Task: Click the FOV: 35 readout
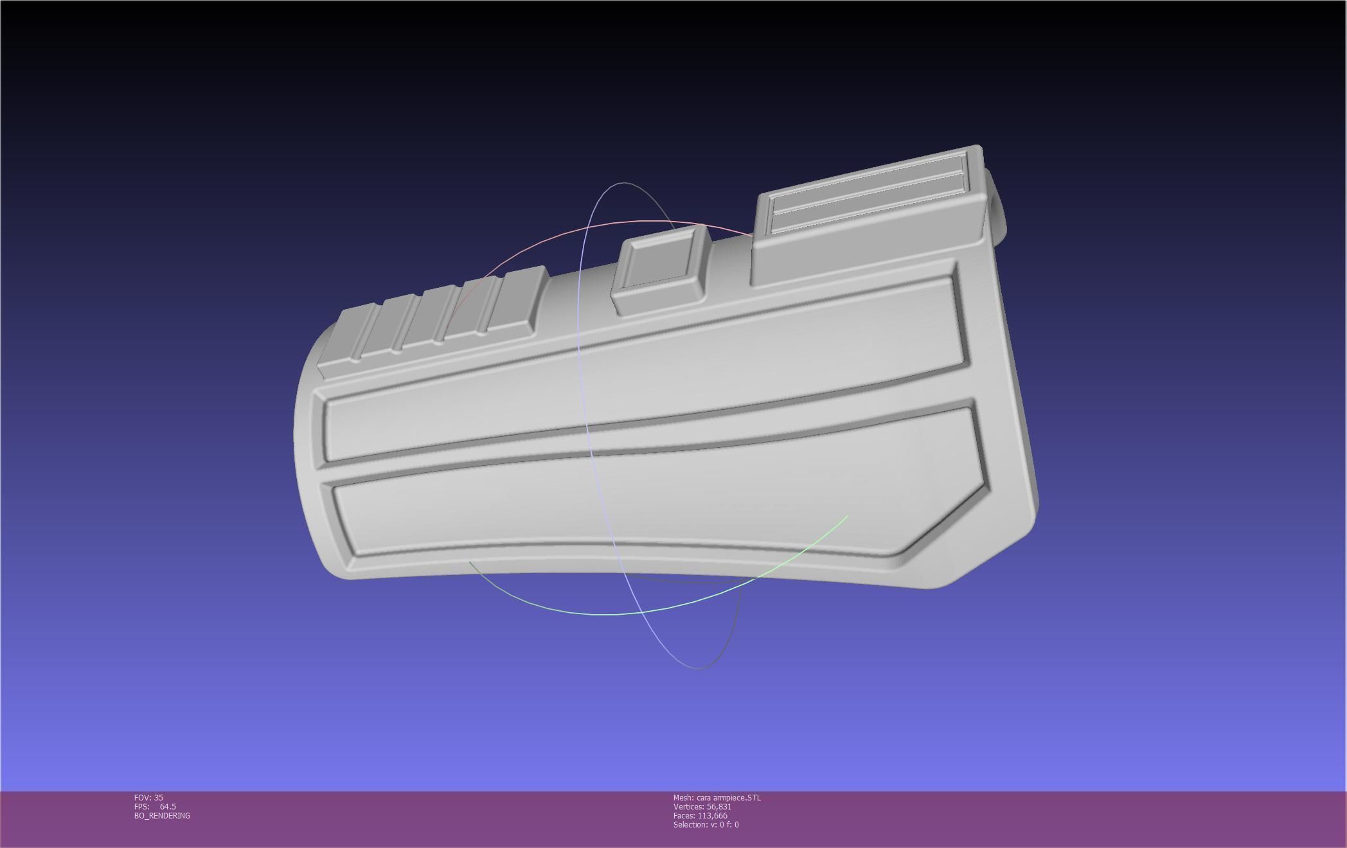148,797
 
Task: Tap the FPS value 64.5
168,806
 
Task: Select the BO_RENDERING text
162,815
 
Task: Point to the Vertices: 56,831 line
702,806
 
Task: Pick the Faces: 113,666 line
700,815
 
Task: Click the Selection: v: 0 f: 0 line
706,824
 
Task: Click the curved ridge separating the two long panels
643,446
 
